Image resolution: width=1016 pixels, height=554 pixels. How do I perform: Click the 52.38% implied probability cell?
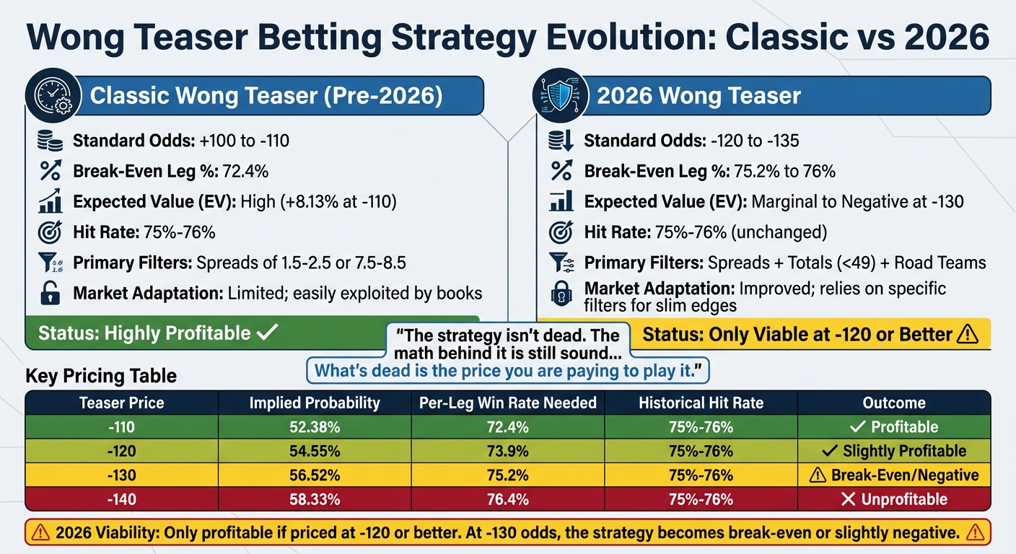coord(315,427)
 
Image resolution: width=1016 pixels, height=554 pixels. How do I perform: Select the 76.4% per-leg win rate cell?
coord(507,499)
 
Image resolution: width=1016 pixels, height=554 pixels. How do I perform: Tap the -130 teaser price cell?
coord(122,475)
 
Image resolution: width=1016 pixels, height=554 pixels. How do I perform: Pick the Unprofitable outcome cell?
coord(894,499)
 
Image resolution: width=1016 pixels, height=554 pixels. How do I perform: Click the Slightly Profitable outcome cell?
coord(894,452)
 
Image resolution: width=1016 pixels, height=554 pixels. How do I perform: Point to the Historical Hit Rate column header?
coord(701,403)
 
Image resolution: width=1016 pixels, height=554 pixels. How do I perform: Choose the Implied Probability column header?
coord(315,403)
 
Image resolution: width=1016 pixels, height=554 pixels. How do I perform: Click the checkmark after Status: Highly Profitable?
coord(268,333)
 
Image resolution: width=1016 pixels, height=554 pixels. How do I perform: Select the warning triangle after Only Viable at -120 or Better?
coord(967,335)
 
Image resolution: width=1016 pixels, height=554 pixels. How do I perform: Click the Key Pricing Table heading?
coord(101,376)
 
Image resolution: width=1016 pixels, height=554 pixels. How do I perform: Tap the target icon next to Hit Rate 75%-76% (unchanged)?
coord(561,232)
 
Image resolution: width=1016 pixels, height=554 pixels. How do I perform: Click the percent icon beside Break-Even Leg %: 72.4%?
coord(50,172)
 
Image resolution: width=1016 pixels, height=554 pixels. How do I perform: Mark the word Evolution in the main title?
coord(627,38)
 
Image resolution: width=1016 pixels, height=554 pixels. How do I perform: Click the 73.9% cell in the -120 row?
coord(507,452)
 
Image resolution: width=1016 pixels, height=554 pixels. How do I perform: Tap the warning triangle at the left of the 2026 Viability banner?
coord(42,533)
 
